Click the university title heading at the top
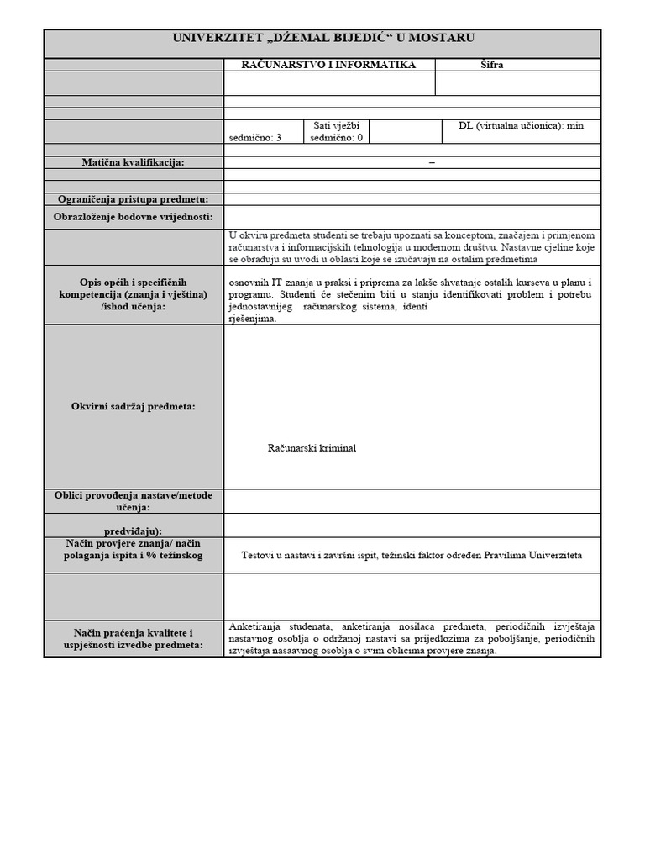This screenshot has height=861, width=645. [323, 38]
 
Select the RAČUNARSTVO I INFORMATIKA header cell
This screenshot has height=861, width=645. [328, 65]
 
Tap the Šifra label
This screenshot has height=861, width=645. [491, 65]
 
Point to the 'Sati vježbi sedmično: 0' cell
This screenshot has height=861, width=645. [336, 132]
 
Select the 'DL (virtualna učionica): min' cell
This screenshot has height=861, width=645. [521, 126]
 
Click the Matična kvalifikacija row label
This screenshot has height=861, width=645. [133, 162]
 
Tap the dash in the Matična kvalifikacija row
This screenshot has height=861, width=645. [432, 162]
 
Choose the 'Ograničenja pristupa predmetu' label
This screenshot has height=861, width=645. [133, 199]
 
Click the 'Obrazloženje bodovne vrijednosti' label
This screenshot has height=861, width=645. [133, 217]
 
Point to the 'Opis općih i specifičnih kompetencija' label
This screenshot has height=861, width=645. [133, 294]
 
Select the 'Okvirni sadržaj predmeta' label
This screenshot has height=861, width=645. [133, 406]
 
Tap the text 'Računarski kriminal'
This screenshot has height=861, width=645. [312, 448]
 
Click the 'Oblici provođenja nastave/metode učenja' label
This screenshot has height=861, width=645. [133, 501]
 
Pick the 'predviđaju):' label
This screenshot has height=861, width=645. [133, 531]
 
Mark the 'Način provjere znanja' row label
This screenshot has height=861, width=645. [133, 550]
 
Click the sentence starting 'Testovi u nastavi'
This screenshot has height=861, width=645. [411, 556]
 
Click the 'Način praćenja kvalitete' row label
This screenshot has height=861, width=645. [133, 638]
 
